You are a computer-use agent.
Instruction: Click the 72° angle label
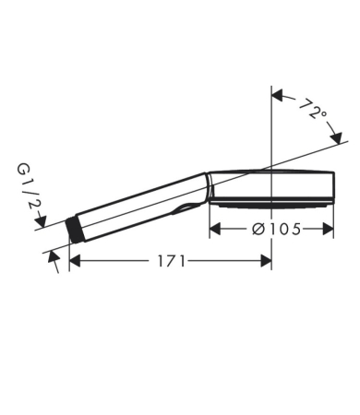tap(313, 109)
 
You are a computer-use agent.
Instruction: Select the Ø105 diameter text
tap(276, 229)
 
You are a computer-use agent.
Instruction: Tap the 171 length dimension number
tap(171, 261)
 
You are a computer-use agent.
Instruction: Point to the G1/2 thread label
tap(30, 187)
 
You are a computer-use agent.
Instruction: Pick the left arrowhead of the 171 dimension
tap(75, 261)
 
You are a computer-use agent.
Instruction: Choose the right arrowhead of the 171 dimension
tap(266, 261)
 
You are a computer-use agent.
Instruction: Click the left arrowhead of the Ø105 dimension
tap(215, 229)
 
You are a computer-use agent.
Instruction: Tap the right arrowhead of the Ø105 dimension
tap(328, 229)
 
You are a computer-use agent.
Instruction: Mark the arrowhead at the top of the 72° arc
tap(277, 95)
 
